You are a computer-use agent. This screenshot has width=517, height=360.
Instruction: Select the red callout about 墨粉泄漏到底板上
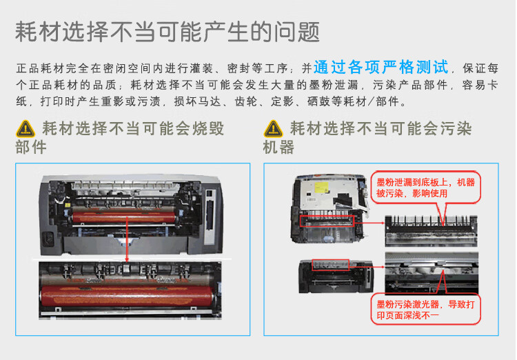click(425, 187)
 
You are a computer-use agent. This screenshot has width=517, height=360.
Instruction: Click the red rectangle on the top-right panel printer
click(327, 221)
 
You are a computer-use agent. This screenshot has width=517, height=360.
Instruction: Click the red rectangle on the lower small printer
click(331, 264)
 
